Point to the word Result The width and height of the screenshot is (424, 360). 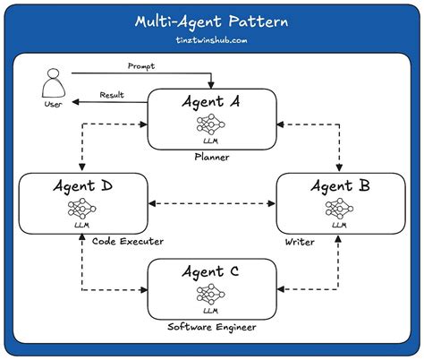pos(111,94)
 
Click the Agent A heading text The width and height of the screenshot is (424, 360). pos(212,102)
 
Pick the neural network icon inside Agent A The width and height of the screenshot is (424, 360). pos(212,124)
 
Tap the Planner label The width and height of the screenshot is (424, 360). pos(212,158)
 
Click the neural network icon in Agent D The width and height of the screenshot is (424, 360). pos(82,210)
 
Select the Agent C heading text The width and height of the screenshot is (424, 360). pos(211,271)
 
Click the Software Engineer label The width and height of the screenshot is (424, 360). pos(211,328)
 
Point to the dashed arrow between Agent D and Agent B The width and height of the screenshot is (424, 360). pos(211,204)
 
